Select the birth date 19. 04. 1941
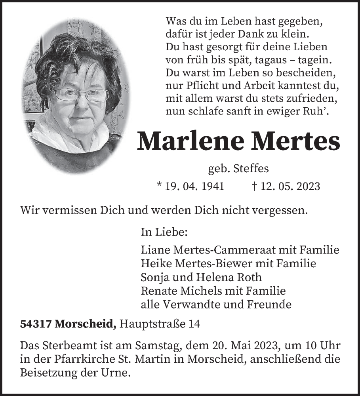194,186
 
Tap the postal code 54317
36,324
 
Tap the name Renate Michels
182,291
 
